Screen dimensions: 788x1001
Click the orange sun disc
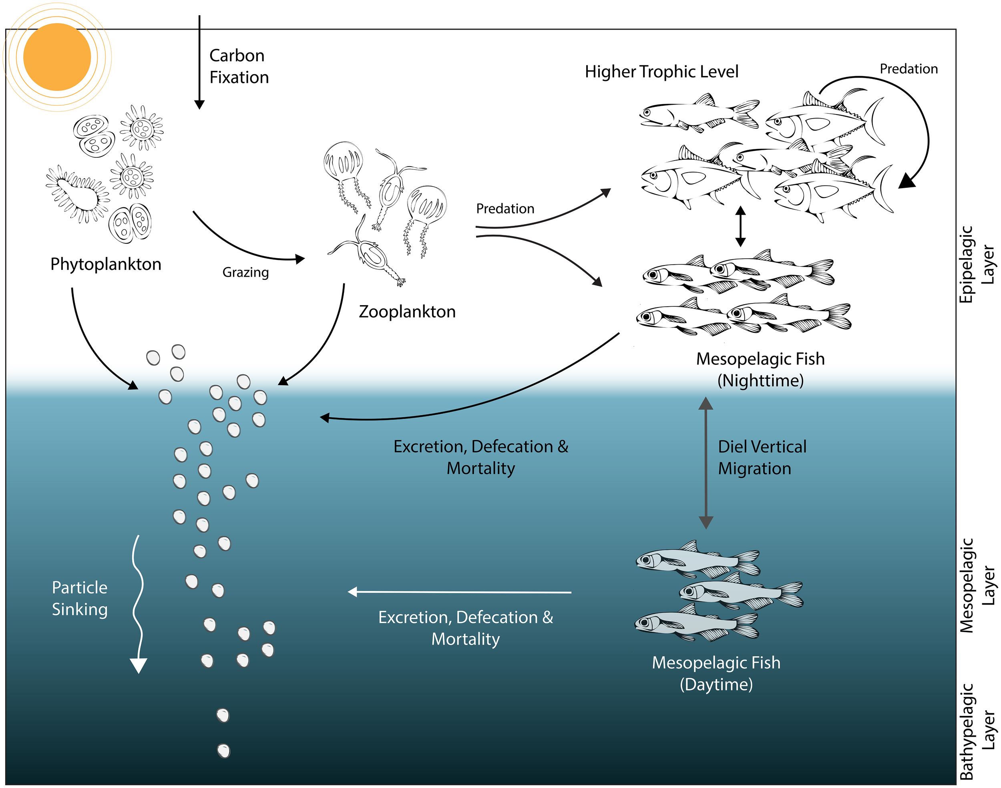(57, 57)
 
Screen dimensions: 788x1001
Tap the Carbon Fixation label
(239, 66)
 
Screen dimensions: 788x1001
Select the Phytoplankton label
(106, 264)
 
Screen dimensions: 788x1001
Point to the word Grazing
(245, 272)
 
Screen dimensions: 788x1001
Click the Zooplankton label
(407, 312)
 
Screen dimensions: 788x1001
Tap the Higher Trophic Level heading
(661, 72)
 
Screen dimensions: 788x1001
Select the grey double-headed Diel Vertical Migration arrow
(706, 463)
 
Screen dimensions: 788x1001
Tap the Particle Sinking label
(79, 598)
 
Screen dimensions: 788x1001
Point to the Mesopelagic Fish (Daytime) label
(716, 673)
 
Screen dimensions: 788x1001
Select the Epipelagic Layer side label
(977, 264)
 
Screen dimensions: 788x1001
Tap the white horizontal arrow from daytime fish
(459, 592)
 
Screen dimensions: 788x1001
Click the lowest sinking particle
(224, 751)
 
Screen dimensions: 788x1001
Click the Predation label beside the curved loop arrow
(908, 69)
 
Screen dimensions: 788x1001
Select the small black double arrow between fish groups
(740, 226)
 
